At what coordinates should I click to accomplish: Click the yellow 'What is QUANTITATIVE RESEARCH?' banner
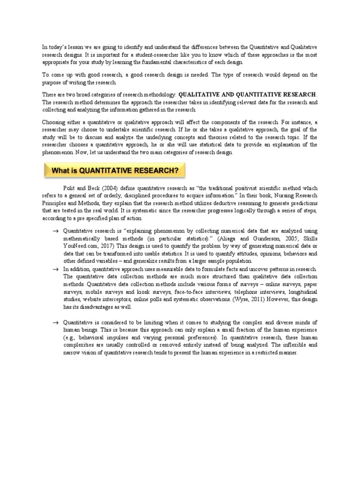(x=114, y=171)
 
